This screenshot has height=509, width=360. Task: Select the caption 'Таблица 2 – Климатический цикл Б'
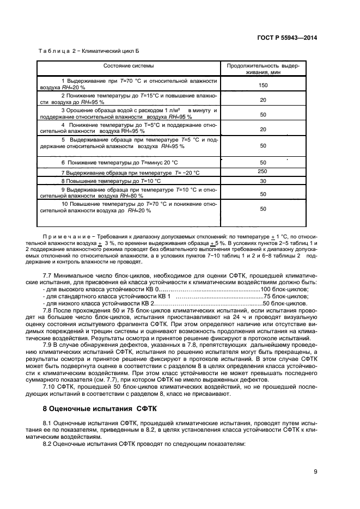[x=89, y=51]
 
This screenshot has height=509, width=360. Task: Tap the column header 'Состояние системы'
[x=129, y=66]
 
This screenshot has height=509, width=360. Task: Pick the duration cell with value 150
[x=263, y=85]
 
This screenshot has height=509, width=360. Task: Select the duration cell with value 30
[x=263, y=181]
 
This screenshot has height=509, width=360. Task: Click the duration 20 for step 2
[x=263, y=100]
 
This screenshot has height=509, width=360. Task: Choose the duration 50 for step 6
[x=263, y=163]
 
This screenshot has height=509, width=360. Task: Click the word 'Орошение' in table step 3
[x=84, y=111]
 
